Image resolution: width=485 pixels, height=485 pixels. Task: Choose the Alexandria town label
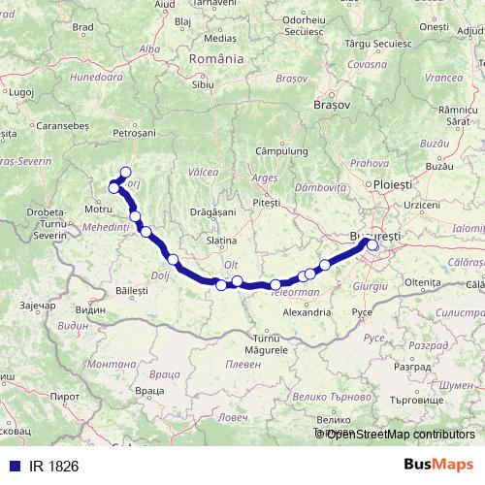[x=306, y=313]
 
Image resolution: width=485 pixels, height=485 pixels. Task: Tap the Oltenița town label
[x=423, y=281]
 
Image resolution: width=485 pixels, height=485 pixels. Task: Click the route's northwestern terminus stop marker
[x=125, y=173]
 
